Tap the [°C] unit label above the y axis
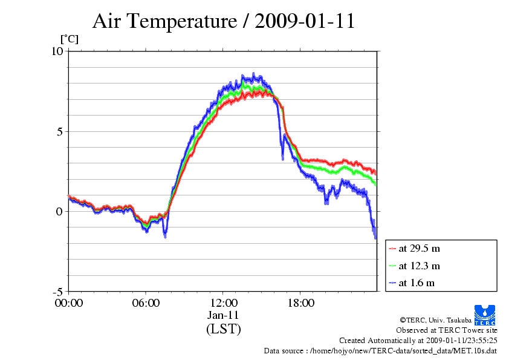68,39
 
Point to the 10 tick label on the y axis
57,51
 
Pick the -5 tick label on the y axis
57,291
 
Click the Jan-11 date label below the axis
223,315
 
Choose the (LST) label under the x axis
223,329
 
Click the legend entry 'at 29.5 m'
419,248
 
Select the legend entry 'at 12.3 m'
419,266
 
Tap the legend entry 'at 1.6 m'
416,283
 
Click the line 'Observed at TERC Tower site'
447,330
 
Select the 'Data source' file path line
380,351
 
